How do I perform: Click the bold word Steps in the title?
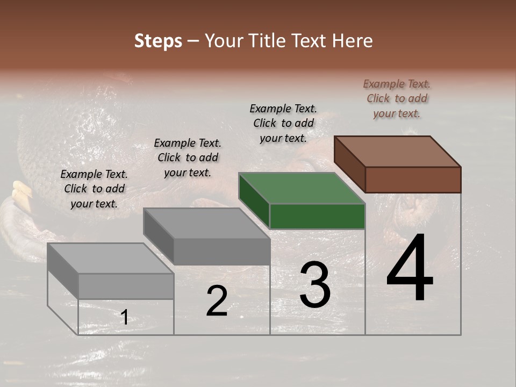158,41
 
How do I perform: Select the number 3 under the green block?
315,285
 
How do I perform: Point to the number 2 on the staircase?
217,301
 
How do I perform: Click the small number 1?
124,317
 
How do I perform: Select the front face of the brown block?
413,180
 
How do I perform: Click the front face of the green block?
317,216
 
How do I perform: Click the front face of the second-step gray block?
221,251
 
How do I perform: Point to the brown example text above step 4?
397,98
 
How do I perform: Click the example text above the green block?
283,123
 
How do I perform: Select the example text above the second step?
188,157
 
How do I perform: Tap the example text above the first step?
94,189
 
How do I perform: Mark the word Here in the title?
352,41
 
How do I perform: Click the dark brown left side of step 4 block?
349,163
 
